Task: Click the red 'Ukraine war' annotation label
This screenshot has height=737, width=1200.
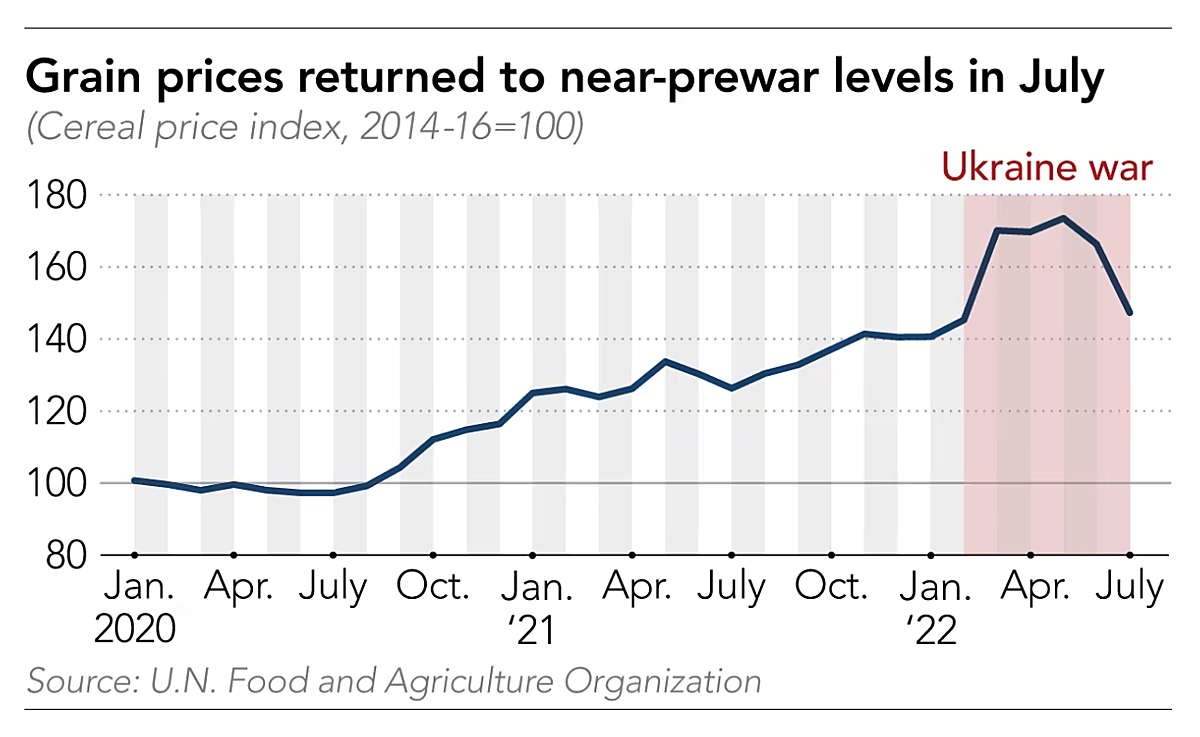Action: pyautogui.click(x=1047, y=166)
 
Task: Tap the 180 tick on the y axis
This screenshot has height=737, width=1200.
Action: pyautogui.click(x=60, y=196)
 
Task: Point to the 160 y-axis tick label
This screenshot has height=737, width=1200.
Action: pyautogui.click(x=60, y=268)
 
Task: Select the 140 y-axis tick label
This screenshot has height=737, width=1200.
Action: pyautogui.click(x=60, y=340)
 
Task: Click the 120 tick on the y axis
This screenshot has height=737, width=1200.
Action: pyautogui.click(x=60, y=412)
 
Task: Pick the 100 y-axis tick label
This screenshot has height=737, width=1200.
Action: pyautogui.click(x=60, y=484)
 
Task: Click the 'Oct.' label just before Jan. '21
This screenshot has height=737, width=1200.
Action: pyautogui.click(x=433, y=587)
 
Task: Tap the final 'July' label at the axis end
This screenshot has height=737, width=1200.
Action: pyautogui.click(x=1130, y=587)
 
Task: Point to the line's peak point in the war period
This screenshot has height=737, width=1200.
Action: pyautogui.click(x=1063, y=218)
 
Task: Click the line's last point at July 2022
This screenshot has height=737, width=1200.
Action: pyautogui.click(x=1130, y=314)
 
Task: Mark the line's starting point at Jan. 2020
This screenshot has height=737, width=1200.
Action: pyautogui.click(x=135, y=481)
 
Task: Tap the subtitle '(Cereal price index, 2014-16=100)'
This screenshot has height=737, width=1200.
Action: pyautogui.click(x=305, y=128)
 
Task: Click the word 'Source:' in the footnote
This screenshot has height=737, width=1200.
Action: pyautogui.click(x=82, y=682)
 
